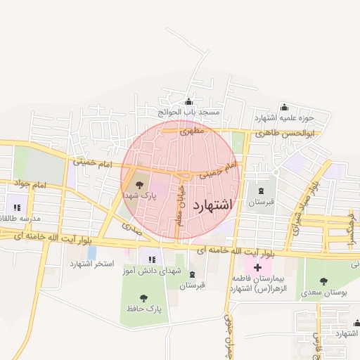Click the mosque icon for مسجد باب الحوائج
click(x=188, y=101)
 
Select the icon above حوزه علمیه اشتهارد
click(x=284, y=107)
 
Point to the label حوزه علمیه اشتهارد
click(x=284, y=117)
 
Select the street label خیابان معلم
click(x=181, y=200)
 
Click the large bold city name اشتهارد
click(x=211, y=205)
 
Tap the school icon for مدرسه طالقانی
click(x=16, y=207)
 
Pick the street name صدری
click(x=131, y=228)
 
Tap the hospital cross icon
click(x=257, y=267)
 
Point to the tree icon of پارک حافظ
click(x=144, y=298)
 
